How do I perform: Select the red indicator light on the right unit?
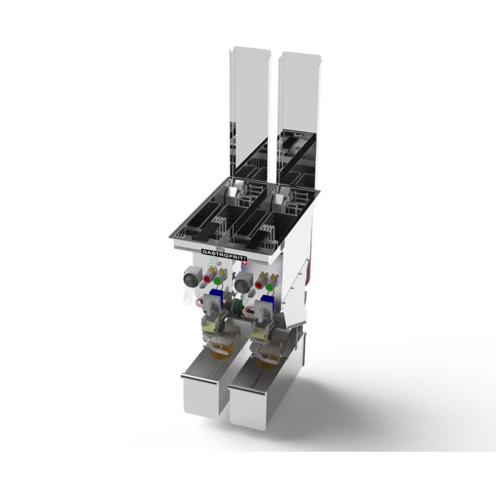point(259,285)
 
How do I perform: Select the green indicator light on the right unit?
point(269,287)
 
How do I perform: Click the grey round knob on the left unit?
point(190,279)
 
